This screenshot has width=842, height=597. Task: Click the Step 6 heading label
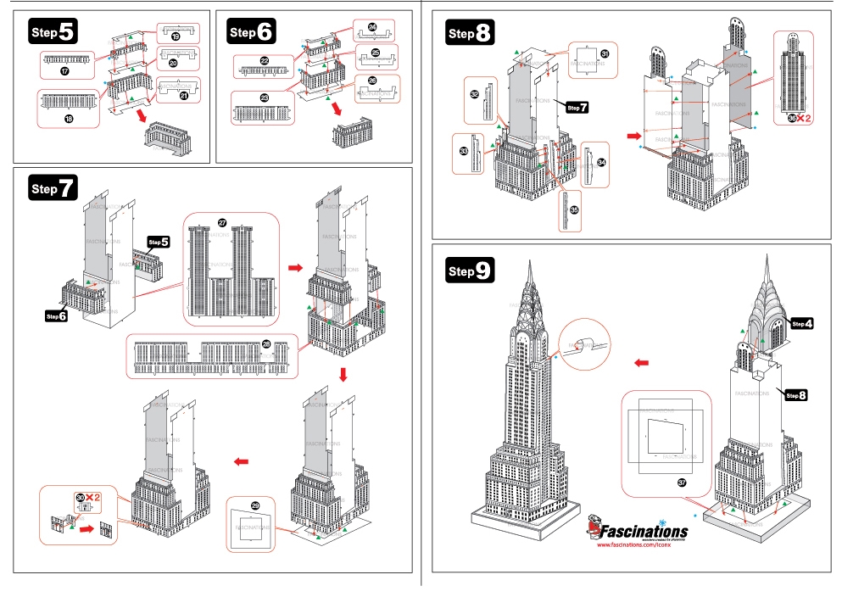point(252,32)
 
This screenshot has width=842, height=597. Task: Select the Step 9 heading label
point(470,271)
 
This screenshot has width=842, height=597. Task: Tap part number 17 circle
point(64,73)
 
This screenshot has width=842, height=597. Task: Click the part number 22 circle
point(265,60)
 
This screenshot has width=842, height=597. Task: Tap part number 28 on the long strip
point(265,343)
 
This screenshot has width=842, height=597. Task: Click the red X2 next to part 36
point(801,118)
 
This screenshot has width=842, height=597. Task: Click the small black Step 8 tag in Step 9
point(795,395)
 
